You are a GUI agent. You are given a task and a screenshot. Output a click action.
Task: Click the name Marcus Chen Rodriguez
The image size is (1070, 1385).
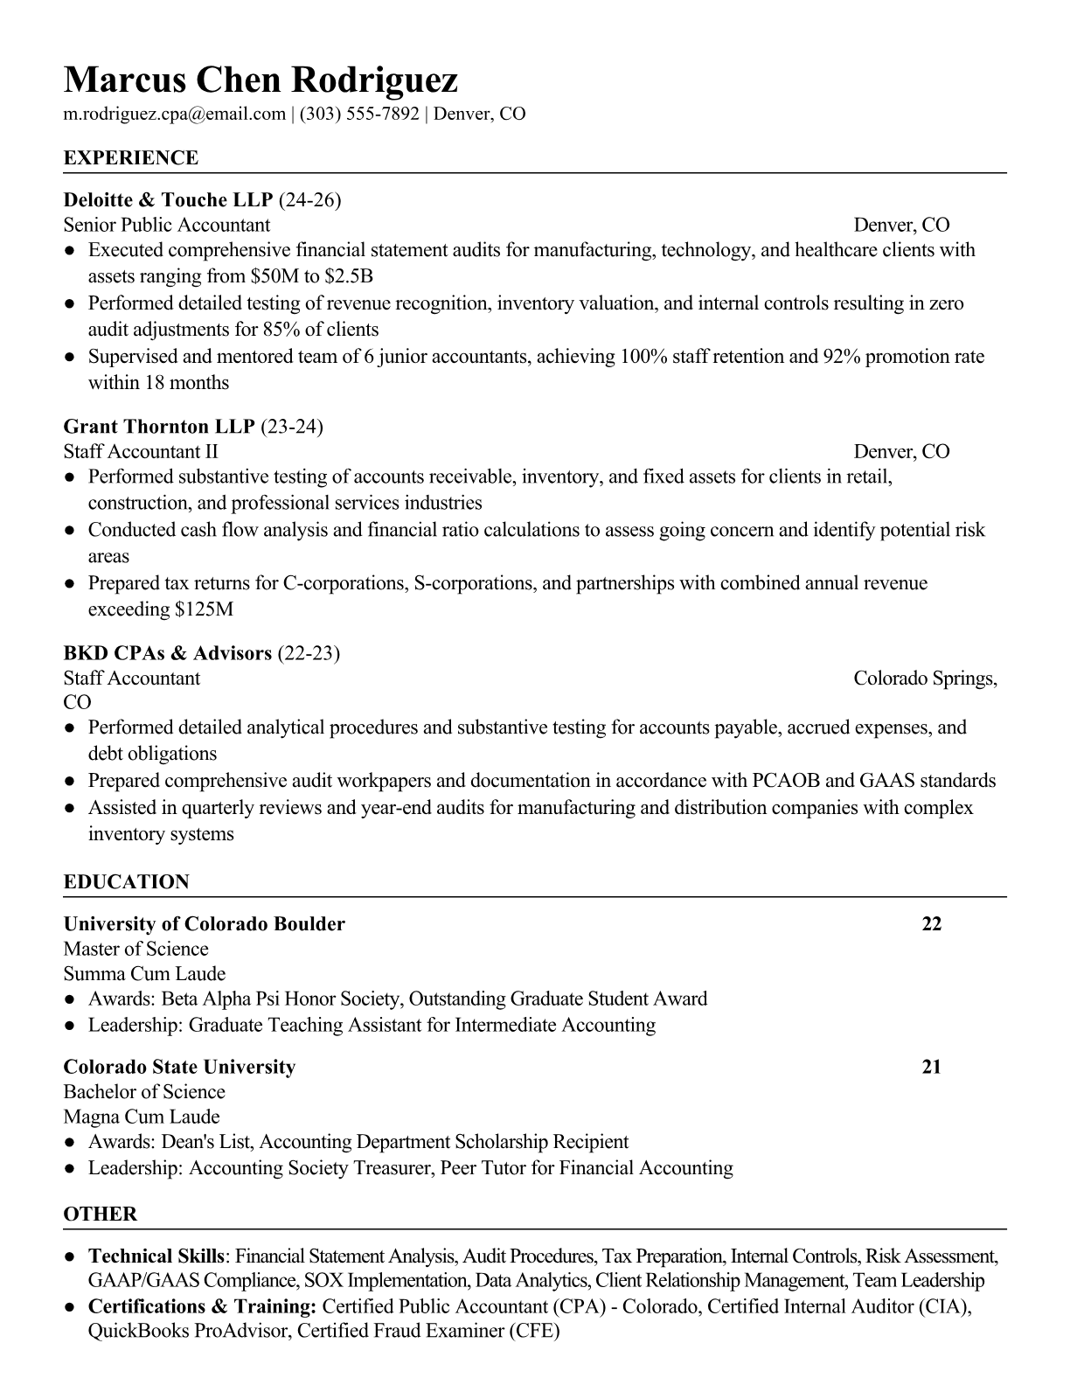(261, 80)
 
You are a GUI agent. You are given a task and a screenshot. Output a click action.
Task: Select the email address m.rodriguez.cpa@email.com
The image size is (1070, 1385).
(175, 114)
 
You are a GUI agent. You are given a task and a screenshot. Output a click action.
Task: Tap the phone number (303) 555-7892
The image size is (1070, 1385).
(359, 114)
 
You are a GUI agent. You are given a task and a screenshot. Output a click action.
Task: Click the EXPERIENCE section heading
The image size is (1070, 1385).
(131, 158)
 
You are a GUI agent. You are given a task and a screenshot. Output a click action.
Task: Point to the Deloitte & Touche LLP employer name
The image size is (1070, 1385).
(169, 200)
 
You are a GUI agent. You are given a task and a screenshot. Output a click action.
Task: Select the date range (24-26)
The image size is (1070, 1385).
(309, 200)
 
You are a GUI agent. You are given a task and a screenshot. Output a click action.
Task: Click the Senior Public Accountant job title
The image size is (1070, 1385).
(167, 225)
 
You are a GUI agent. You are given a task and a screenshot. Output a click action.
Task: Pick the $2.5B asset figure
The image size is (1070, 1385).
(349, 277)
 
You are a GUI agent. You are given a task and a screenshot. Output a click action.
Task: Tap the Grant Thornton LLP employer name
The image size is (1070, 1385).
(159, 427)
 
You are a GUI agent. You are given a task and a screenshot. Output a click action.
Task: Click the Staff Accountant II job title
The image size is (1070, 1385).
(141, 451)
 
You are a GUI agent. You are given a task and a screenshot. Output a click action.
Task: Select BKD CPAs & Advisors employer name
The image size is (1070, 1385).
(168, 653)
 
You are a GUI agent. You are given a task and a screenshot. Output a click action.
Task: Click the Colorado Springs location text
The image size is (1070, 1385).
(925, 679)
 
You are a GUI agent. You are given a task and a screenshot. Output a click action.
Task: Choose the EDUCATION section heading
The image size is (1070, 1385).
(127, 882)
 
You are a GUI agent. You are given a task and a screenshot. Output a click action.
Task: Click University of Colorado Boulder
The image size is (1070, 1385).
(205, 924)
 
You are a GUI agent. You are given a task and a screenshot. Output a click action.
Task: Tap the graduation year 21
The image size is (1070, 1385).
(932, 1067)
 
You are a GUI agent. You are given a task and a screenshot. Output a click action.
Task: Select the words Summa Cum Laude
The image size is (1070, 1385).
(144, 974)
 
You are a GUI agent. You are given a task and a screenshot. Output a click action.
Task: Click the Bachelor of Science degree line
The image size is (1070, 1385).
(144, 1092)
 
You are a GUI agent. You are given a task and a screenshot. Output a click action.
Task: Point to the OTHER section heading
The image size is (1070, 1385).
(101, 1214)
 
